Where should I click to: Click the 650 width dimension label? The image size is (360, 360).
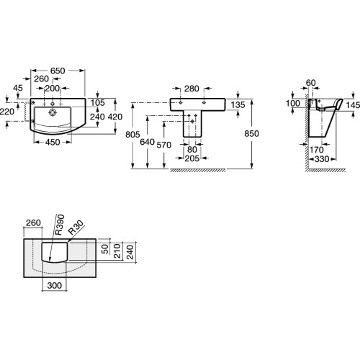58,71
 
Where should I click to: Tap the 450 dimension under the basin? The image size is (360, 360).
53,143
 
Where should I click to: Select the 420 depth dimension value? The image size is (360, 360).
115,117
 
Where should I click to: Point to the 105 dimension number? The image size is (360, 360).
98,103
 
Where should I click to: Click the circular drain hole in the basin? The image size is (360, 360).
53,112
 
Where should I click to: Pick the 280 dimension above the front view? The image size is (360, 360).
192,89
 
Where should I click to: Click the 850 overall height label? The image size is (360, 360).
252,133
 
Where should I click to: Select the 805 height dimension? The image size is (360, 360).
132,135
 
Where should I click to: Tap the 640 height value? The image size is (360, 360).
147,142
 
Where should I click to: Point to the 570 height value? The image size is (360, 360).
164,145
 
